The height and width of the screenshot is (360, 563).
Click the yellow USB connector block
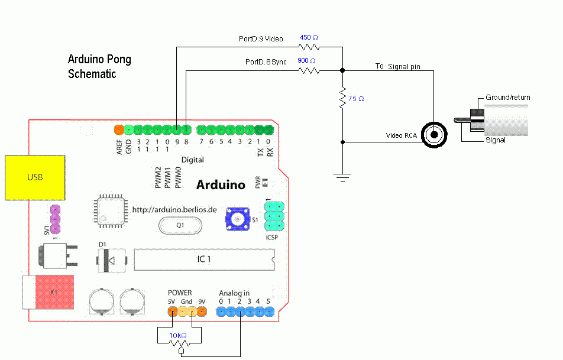pos(35,178)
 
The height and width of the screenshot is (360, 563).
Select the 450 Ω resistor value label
pos(309,37)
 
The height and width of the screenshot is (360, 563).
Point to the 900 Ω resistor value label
pos(306,61)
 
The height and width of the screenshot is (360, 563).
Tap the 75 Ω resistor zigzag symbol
pos(342,98)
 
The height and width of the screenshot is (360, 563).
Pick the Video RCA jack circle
pos(434,135)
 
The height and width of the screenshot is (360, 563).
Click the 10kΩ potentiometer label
pos(178,335)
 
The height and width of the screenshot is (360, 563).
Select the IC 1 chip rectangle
pos(204,259)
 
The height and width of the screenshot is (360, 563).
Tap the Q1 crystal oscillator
pos(180,225)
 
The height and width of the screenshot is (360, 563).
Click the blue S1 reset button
pos(237,219)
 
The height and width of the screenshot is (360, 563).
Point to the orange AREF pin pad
pos(119,129)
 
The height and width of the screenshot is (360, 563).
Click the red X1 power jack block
pos(54,292)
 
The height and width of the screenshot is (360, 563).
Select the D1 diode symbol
pos(111,260)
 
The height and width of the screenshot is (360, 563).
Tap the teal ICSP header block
pos(274,216)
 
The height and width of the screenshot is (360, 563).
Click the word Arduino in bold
pos(221,185)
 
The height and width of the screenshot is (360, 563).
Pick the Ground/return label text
pos(507,98)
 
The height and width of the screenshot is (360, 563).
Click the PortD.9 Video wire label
pos(261,39)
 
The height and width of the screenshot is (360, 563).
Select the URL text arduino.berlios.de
pos(174,210)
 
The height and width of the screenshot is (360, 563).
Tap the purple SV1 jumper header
pos(55,219)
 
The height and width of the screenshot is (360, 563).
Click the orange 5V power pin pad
pos(173,311)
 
